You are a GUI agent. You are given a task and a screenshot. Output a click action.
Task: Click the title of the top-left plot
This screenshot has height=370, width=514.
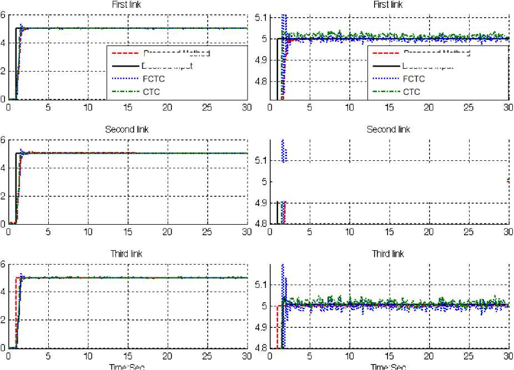point(127,5)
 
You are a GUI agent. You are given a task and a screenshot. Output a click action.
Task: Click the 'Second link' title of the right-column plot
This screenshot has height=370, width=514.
point(389,129)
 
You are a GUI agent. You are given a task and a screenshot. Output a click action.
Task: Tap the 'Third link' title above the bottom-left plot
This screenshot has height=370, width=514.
point(127,254)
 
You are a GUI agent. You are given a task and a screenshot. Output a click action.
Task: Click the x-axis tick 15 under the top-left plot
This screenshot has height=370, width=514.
point(127,107)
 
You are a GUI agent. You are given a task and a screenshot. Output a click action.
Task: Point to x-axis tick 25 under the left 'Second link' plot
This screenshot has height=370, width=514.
point(207,231)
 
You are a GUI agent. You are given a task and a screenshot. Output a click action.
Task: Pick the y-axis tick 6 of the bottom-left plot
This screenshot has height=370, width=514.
point(3,264)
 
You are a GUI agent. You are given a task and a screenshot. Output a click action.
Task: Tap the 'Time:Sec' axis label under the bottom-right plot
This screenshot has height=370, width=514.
point(389,366)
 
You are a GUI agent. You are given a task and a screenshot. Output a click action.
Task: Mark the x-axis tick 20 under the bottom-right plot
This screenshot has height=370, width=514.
point(429,356)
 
